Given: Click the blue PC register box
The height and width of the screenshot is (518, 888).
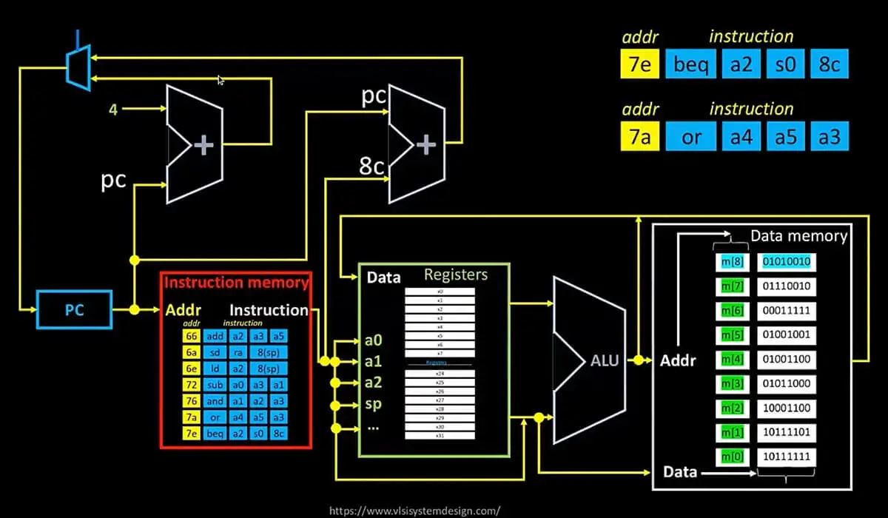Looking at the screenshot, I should [74, 310].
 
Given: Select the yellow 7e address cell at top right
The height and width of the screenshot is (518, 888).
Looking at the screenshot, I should [638, 65].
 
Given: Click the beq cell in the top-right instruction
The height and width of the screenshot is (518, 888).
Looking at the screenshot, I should [692, 65].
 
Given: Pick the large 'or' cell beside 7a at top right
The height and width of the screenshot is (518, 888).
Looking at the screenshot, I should [692, 137].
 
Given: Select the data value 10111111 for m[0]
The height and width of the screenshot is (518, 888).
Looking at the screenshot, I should [786, 457].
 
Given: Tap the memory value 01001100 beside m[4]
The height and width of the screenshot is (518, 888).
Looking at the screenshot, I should [786, 359].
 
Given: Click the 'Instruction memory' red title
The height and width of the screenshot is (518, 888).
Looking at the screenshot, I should [236, 282].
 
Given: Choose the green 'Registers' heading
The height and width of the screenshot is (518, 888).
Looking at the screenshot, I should [456, 275].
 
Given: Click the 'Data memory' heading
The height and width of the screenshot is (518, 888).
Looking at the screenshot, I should [798, 236].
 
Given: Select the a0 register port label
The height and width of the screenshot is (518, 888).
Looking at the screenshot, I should [374, 341].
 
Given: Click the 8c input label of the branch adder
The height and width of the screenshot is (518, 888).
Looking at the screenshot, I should [371, 166].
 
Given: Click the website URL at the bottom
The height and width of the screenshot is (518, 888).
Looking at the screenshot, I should [414, 510].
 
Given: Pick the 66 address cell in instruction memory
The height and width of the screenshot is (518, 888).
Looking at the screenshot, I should [191, 335].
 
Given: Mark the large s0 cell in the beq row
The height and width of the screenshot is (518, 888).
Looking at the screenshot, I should [786, 65].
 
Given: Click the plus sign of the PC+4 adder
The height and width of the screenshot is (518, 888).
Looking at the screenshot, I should [203, 146].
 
